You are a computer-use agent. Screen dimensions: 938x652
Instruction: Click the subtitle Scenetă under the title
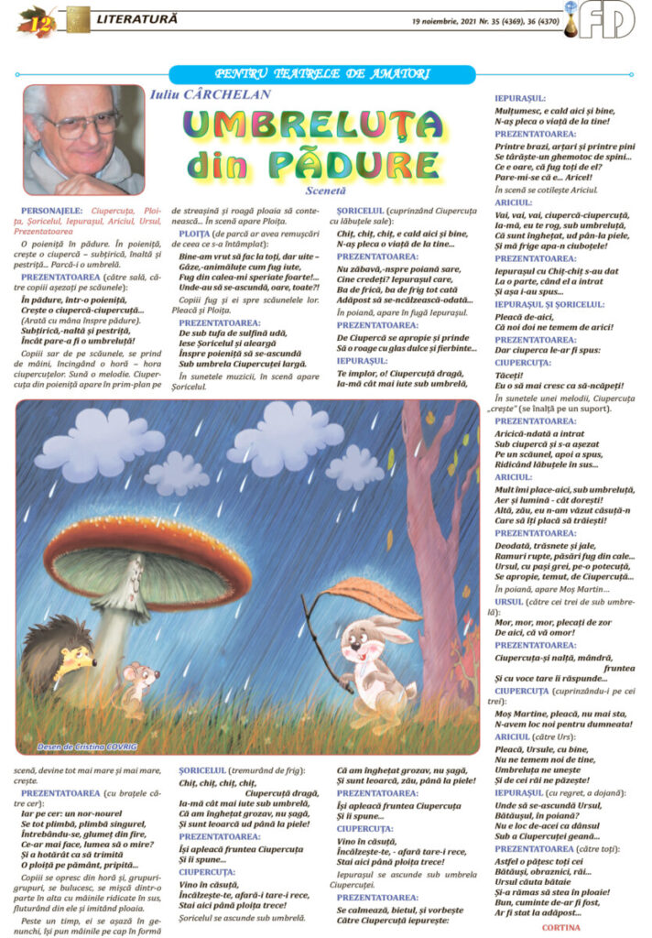324,191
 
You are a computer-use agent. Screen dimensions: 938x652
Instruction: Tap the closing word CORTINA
561,926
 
